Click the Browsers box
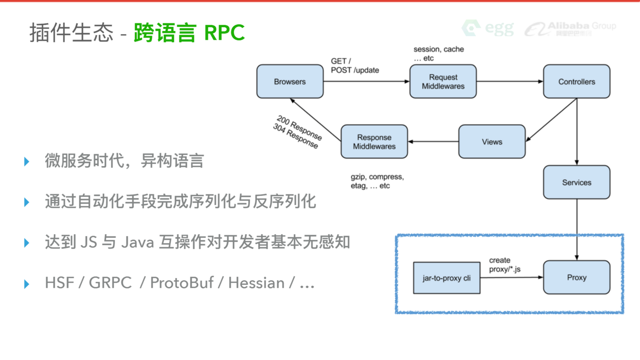pos(290,81)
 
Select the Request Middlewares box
pos(443,81)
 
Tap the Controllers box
pos(577,81)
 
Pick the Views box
pos(492,142)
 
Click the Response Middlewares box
pos(374,142)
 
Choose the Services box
pos(577,183)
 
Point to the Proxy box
pos(577,277)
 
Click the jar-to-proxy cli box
pos(447,277)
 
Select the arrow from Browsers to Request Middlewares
pos(366,81)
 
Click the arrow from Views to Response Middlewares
pos(434,142)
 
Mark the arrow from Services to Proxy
pos(577,230)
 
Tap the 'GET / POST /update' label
pos(355,66)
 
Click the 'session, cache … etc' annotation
pos(439,54)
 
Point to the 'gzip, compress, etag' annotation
pos(377,181)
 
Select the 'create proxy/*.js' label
pos(505,265)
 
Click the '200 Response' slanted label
pos(299,127)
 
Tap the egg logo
pos(488,28)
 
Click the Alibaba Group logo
pos(571,28)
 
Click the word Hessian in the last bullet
pos(256,283)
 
